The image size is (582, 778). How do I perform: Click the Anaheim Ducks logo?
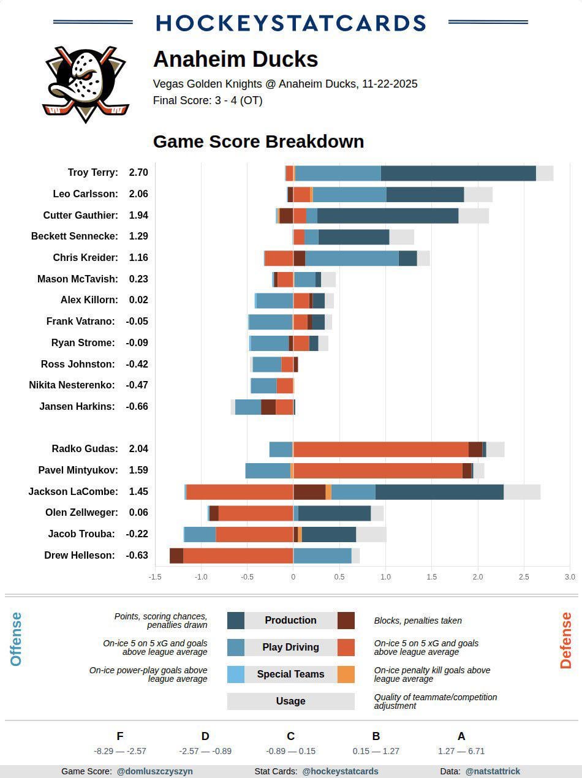click(85, 84)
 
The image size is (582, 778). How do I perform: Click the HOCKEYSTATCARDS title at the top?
click(290, 23)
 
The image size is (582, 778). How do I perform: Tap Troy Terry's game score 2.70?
click(138, 173)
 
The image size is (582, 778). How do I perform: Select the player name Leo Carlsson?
click(85, 194)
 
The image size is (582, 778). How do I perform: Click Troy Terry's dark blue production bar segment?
click(458, 173)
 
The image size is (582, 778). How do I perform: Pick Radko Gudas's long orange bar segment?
click(380, 449)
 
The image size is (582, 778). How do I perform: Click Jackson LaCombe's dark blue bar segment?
click(439, 492)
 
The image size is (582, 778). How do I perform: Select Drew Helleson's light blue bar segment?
click(322, 556)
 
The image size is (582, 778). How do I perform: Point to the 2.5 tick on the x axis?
click(524, 577)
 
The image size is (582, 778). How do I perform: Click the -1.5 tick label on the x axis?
click(155, 577)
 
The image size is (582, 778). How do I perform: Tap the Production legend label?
click(290, 621)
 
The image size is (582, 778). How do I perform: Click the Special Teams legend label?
click(290, 674)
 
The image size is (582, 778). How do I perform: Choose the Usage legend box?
click(290, 701)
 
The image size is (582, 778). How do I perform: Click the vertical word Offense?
click(16, 639)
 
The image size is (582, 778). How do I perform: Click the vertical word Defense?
click(565, 640)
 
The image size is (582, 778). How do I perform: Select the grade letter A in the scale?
click(461, 736)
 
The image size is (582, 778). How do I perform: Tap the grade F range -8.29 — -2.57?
click(120, 751)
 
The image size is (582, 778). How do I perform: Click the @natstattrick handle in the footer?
click(493, 771)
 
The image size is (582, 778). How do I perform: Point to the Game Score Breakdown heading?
click(259, 142)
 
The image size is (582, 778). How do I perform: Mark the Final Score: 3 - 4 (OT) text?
click(208, 100)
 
